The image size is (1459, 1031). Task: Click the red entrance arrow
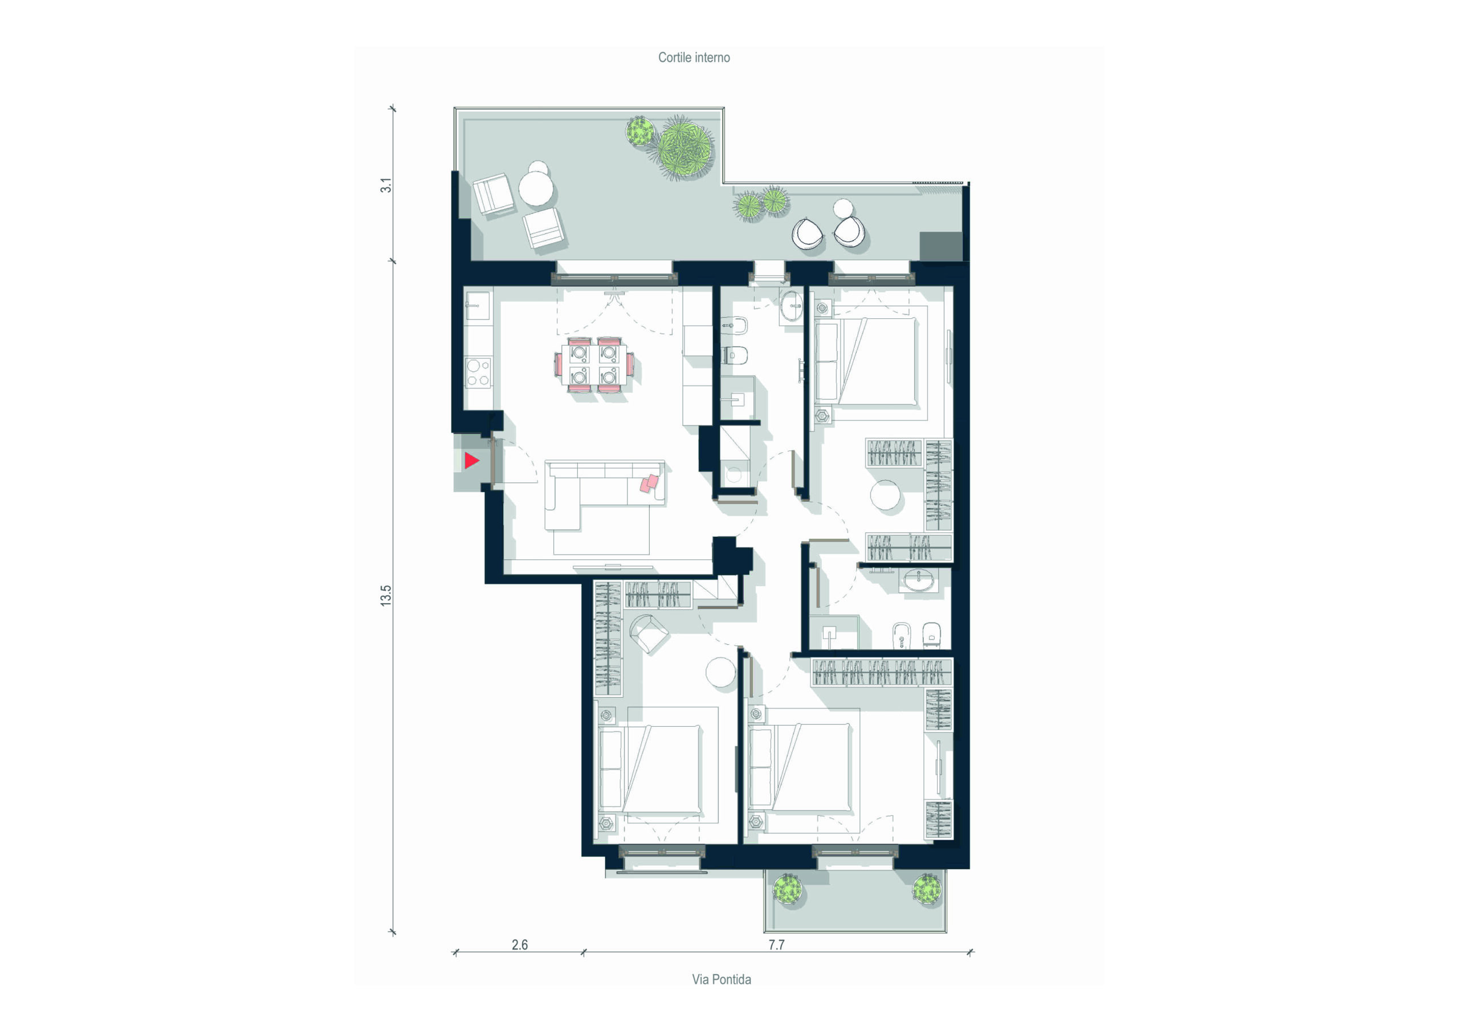pos(470,461)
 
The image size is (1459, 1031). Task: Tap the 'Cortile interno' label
pos(694,58)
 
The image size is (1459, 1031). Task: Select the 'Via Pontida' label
pos(722,980)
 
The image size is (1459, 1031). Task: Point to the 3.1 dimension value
pos(386,186)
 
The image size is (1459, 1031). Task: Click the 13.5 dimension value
pos(386,596)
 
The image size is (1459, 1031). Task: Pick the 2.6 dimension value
pos(520,944)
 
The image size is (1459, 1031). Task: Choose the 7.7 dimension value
pos(777,944)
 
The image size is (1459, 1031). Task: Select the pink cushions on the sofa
pos(649,484)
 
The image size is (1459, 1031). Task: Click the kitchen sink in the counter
pos(477,306)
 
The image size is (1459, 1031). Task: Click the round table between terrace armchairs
pos(536,189)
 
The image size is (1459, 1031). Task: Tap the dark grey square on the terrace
pos(940,247)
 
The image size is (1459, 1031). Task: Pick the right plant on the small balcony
pos(927,887)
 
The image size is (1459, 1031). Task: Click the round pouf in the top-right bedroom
pos(885,495)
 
